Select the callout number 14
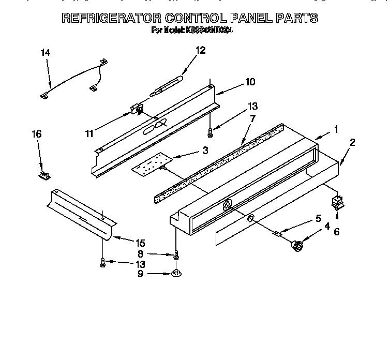click(47, 52)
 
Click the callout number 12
click(200, 50)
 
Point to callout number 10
click(250, 82)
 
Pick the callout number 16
click(36, 134)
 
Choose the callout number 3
click(205, 151)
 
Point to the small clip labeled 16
click(42, 175)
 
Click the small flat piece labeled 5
click(278, 234)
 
